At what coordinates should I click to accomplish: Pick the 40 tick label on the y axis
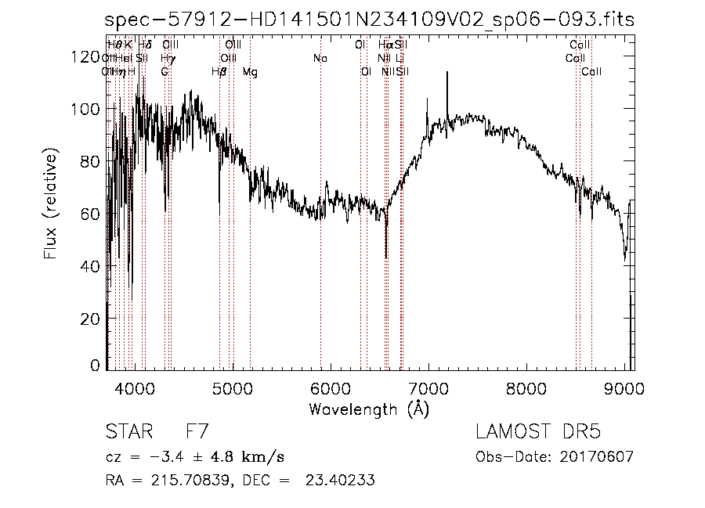[x=95, y=266]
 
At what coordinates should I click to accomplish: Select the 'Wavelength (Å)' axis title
[x=369, y=409]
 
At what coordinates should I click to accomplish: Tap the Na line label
[x=320, y=59]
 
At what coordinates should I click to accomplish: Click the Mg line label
[x=249, y=72]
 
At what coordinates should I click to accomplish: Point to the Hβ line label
[x=219, y=72]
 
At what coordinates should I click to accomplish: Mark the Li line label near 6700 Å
[x=399, y=59]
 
